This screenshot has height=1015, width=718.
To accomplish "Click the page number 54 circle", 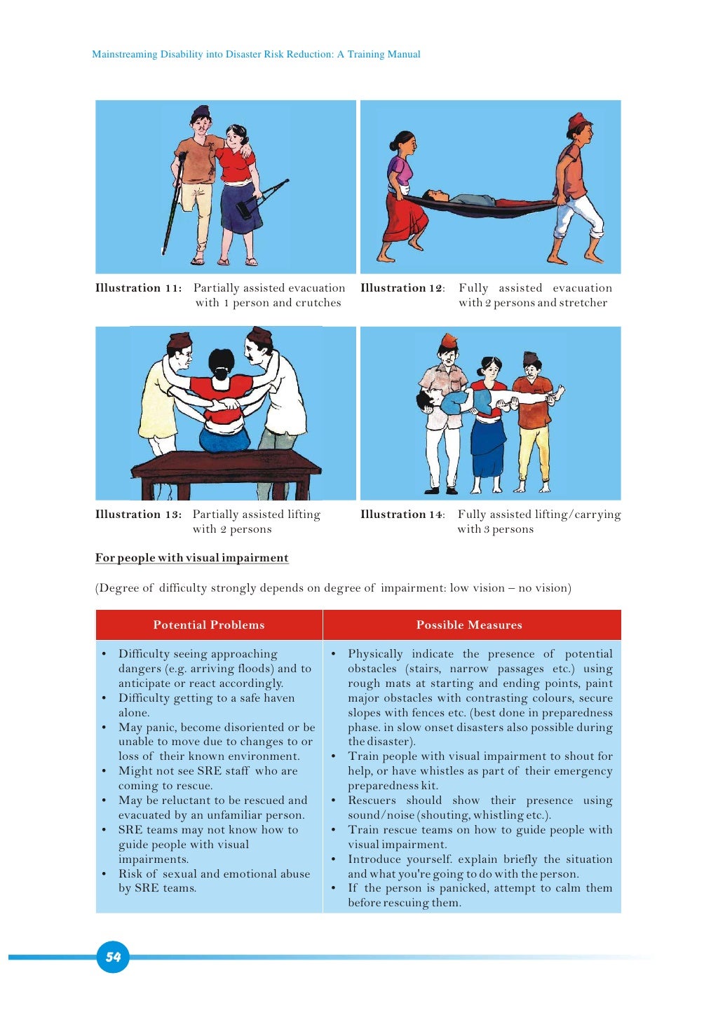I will (113, 957).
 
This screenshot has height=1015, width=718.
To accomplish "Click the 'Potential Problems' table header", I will (209, 625).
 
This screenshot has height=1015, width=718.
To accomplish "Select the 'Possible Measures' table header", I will (469, 625).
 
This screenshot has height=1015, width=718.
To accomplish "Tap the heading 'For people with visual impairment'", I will (192, 558).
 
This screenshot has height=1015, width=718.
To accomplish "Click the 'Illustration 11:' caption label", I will (139, 288).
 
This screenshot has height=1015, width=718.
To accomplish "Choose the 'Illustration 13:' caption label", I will (139, 515).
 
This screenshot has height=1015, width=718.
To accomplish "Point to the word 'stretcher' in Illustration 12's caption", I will (583, 303).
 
